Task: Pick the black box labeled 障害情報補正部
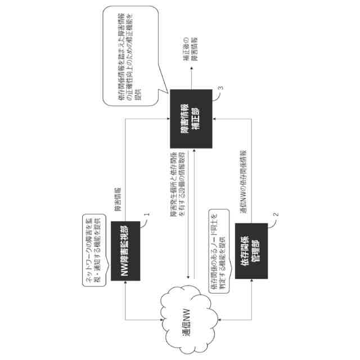click(x=191, y=118)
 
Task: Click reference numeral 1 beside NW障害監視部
click(x=147, y=215)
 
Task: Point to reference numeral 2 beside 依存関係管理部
click(x=276, y=215)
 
